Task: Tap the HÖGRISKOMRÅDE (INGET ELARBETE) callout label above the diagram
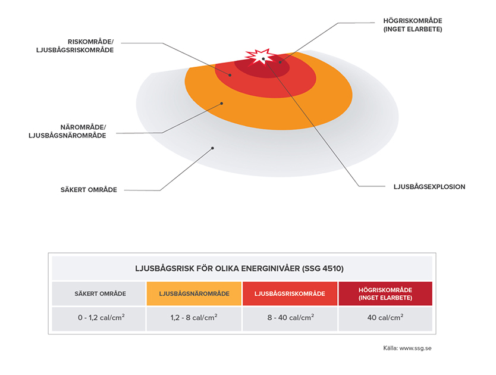413,24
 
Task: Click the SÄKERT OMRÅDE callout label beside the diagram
89,190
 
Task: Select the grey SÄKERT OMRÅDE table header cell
99,293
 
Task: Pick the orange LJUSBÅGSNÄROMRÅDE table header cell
194,293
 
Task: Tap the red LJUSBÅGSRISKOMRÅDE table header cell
290,293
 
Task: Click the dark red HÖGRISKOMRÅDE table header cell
385,293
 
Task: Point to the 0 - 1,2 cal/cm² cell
99,318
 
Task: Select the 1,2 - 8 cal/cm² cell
194,318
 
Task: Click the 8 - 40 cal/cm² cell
290,318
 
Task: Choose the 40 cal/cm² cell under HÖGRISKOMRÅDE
385,318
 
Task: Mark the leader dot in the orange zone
222,104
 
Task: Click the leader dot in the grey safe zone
213,147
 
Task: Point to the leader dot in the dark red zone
280,62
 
